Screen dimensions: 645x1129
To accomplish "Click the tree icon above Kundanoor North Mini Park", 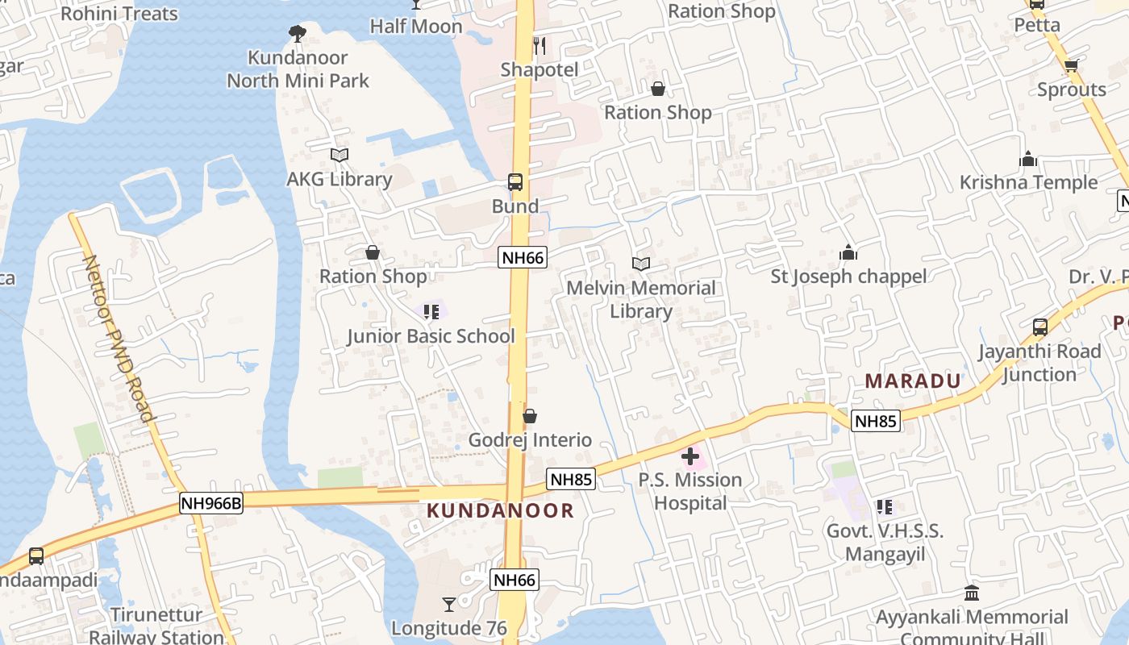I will pos(297,33).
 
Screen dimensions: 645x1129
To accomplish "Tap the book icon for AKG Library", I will pos(340,155).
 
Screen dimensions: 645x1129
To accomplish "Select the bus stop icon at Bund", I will pos(515,182).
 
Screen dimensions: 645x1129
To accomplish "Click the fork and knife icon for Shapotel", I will pos(540,46).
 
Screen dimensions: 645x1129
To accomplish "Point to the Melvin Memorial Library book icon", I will pos(641,264).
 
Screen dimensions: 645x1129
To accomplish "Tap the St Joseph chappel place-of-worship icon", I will pos(848,253).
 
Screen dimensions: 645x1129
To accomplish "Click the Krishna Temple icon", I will pos(1027,159).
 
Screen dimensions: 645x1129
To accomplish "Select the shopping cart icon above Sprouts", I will pos(1071,66).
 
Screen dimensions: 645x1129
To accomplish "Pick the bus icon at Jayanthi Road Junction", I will pos(1040,327).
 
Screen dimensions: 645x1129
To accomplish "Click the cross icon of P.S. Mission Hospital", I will pos(690,456).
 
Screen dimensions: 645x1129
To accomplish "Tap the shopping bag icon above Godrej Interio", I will pos(530,416).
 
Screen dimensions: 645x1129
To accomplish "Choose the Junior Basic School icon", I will pos(431,311).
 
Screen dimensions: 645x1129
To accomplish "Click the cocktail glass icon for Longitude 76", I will pos(449,604).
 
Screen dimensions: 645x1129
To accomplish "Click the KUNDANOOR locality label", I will pos(500,510).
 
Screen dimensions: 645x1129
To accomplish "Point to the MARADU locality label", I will pos(913,381).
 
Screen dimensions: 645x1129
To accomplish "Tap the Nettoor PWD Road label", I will pos(119,339).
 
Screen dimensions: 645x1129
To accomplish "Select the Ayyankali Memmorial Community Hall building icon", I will pos(972,593).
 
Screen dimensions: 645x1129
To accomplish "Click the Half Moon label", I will pos(416,27).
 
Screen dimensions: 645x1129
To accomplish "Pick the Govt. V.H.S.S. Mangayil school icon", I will pos(885,507).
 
